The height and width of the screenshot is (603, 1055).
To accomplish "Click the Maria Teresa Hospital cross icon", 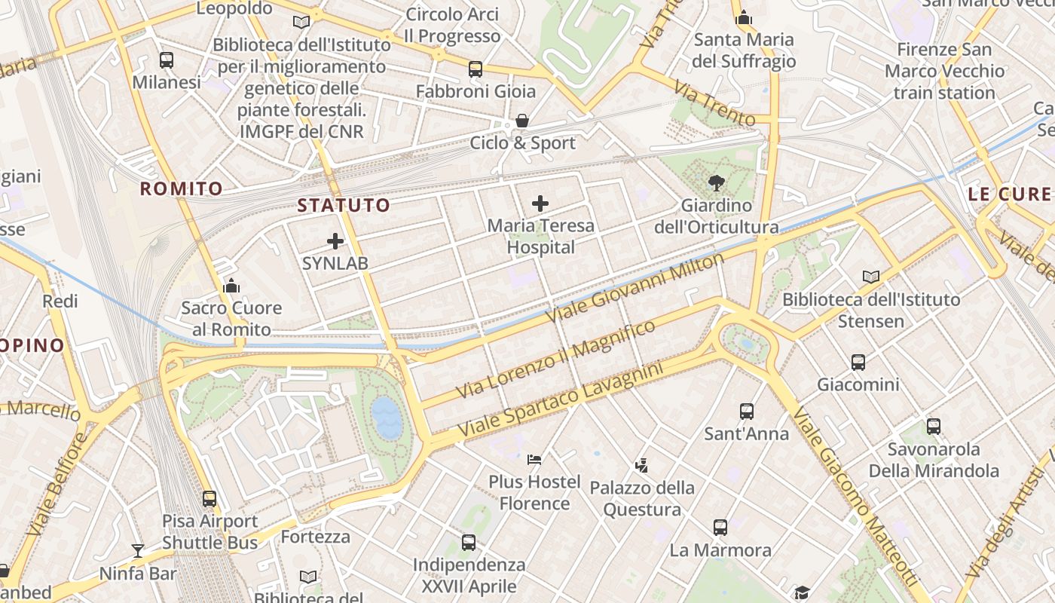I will (540, 204).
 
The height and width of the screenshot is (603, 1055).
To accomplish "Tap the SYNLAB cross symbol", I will (335, 241).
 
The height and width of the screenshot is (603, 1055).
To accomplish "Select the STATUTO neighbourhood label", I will (344, 205).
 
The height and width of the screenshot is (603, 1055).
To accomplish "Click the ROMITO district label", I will (182, 188).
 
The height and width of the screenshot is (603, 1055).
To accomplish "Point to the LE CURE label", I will (1009, 194).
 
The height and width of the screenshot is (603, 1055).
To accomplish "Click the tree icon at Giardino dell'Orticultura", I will (716, 182).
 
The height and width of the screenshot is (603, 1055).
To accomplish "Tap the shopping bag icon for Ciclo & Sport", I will (521, 121).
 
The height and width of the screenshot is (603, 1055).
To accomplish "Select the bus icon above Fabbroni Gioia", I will (475, 69).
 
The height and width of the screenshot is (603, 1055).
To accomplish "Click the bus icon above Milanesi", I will (167, 60).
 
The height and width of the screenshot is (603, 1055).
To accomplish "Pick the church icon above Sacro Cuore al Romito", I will (231, 286).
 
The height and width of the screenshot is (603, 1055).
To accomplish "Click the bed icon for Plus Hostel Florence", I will (534, 458).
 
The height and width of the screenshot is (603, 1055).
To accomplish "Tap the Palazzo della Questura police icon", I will (641, 465).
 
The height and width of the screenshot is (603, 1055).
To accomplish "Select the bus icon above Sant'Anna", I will (746, 412).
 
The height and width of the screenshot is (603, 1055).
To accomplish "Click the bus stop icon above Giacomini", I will (858, 363).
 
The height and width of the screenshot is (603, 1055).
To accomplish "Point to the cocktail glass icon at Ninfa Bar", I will (137, 551).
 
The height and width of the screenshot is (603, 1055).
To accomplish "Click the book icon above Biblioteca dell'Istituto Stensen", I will (871, 277).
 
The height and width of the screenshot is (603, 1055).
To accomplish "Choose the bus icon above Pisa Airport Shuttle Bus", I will (209, 498).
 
